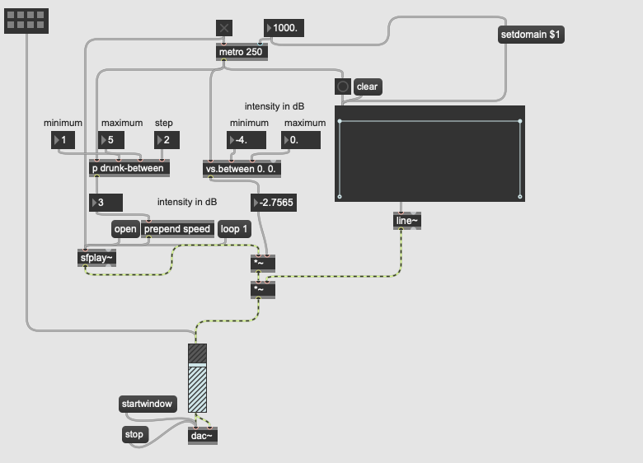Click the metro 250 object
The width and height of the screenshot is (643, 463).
point(242,52)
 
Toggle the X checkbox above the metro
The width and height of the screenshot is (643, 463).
point(224,28)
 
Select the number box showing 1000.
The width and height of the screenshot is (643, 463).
point(284,28)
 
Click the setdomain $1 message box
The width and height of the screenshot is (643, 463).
point(531,35)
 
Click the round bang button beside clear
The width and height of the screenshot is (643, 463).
point(343,87)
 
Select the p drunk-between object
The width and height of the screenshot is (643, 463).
point(129,168)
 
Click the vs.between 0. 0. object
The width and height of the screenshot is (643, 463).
point(242,169)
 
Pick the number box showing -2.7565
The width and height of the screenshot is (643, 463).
point(274,203)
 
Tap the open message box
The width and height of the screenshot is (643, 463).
point(125,229)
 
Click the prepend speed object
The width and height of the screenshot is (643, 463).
point(177,229)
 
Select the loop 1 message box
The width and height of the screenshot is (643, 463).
point(234,229)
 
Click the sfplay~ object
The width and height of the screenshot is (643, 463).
point(96,258)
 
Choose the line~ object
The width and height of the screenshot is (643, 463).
point(406,221)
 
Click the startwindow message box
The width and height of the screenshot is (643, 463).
point(148,404)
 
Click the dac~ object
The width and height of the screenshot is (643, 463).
point(203,436)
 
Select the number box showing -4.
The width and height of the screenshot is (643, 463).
point(246,140)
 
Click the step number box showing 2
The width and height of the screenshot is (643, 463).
point(167,140)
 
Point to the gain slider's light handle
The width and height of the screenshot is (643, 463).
point(197,365)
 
